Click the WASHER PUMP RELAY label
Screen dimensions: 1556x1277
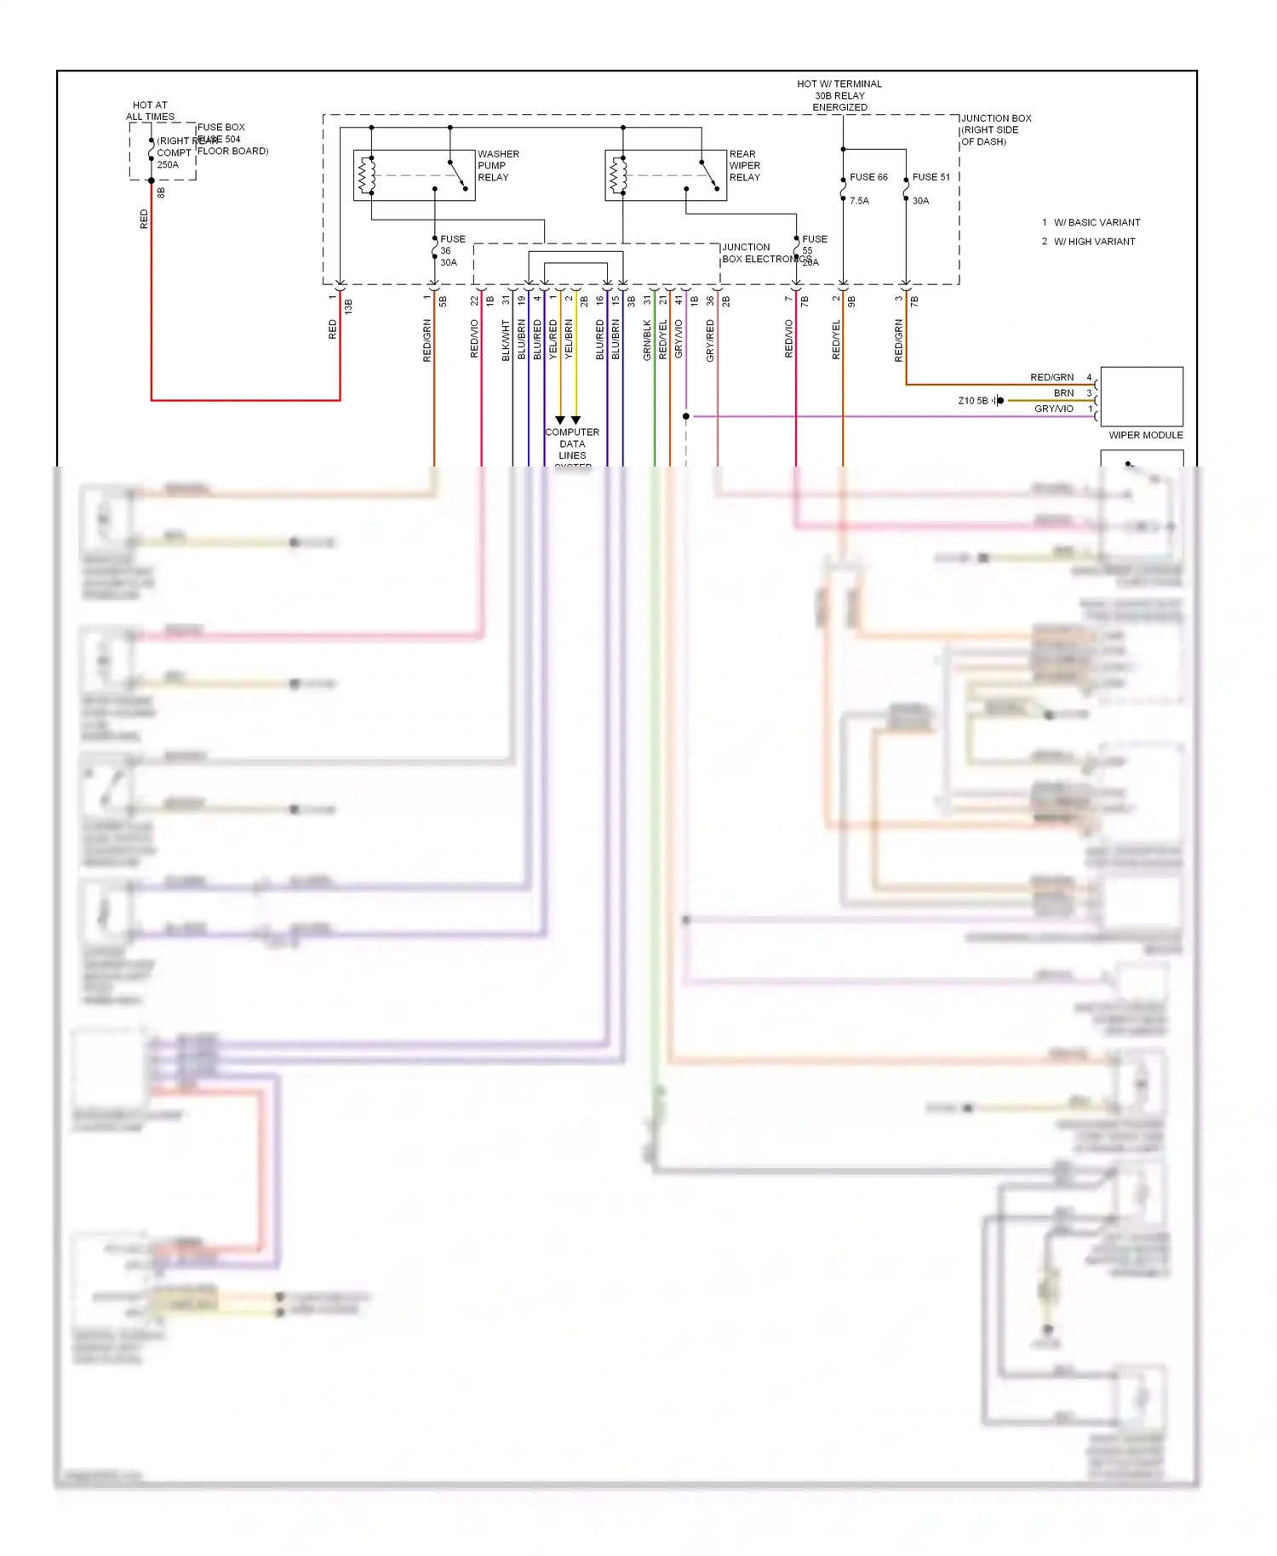point(497,166)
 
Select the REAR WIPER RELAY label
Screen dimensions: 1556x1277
point(744,166)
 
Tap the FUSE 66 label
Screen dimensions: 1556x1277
point(868,177)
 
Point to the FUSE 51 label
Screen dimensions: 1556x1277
point(931,177)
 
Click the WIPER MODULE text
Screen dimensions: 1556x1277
point(1145,435)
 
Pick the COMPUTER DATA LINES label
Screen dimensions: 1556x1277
point(572,444)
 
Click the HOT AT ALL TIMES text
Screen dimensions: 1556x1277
point(150,111)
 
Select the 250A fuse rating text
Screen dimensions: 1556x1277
point(168,165)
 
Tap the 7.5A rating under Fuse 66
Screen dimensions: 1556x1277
point(859,201)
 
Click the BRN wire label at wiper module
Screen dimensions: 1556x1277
point(1063,393)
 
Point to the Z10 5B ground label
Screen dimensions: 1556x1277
point(973,401)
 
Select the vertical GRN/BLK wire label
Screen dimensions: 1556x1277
point(647,340)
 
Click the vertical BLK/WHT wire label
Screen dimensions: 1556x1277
point(506,340)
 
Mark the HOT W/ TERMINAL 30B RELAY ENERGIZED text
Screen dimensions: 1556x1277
point(839,95)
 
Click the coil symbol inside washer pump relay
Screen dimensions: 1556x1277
point(367,175)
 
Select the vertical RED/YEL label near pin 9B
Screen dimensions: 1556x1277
point(836,340)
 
